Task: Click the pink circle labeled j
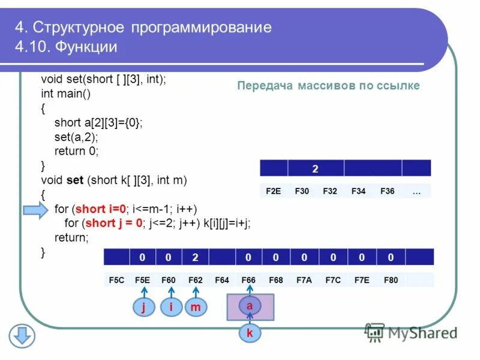point(144,307)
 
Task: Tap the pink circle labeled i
point(171,307)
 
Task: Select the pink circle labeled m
point(196,307)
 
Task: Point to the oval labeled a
point(250,305)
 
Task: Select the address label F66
point(248,280)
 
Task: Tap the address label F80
point(391,280)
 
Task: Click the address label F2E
point(273,191)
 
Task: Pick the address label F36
point(388,191)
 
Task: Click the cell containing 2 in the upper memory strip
point(316,168)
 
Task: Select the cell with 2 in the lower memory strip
point(196,258)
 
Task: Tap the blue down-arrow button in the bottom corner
point(22,335)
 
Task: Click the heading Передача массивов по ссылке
point(328,86)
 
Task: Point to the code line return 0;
point(76,151)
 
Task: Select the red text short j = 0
point(114,223)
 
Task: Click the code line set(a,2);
point(76,137)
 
